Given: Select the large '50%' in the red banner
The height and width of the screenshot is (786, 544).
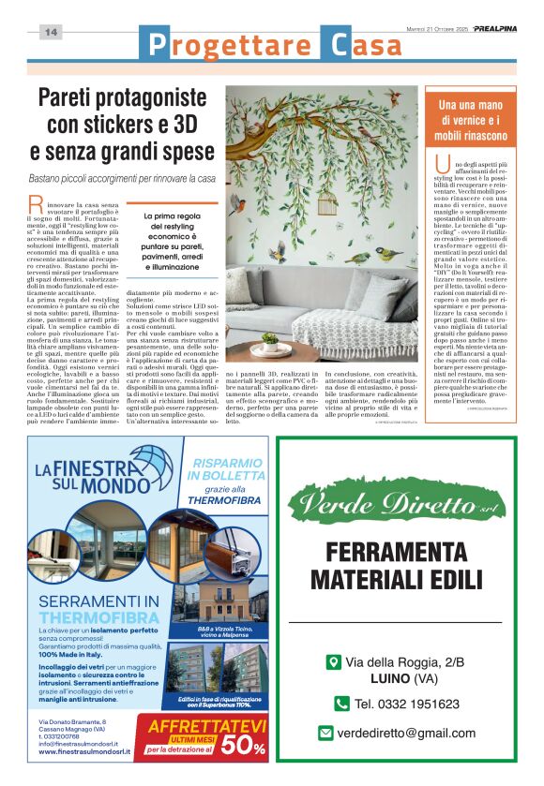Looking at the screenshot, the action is click(246, 747).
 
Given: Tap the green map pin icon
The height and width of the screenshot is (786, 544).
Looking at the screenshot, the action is click(332, 662).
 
